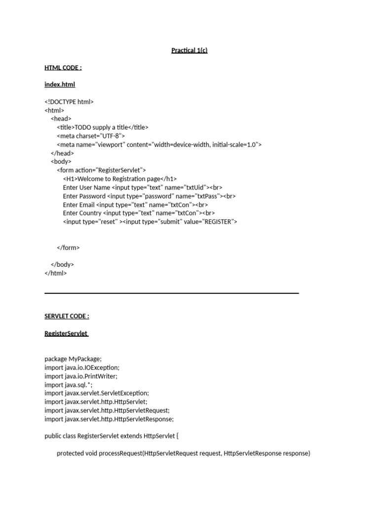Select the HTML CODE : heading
tap(63, 68)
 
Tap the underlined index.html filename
tap(60, 85)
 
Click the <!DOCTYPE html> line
tap(69, 102)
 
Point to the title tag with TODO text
tap(103, 127)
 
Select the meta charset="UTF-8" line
tap(91, 136)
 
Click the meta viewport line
tap(159, 144)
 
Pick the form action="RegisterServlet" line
tap(101, 170)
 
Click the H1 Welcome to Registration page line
tap(119, 179)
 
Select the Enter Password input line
tap(149, 196)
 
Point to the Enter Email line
tap(135, 205)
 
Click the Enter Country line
tap(138, 213)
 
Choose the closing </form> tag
tap(68, 248)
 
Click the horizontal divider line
tap(172, 293)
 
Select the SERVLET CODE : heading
tap(67, 316)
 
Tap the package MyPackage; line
tap(73, 359)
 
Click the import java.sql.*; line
tap(68, 385)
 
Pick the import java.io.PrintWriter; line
tap(81, 376)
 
